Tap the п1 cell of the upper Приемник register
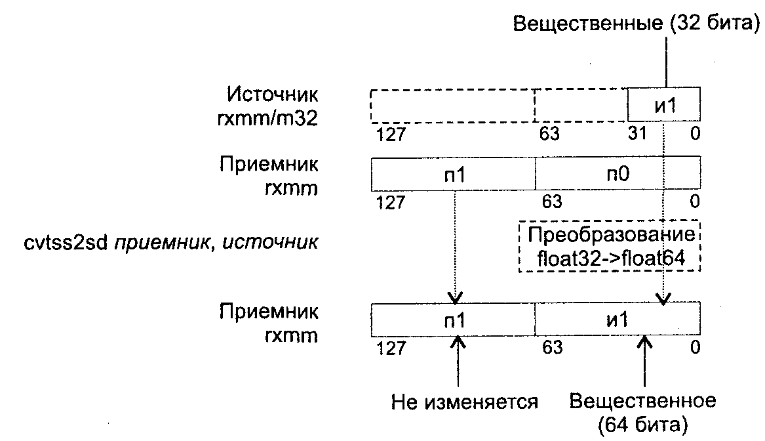[454, 175]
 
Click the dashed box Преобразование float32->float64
[609, 247]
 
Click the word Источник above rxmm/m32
[273, 94]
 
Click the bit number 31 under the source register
[638, 135]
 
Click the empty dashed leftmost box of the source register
[452, 104]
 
